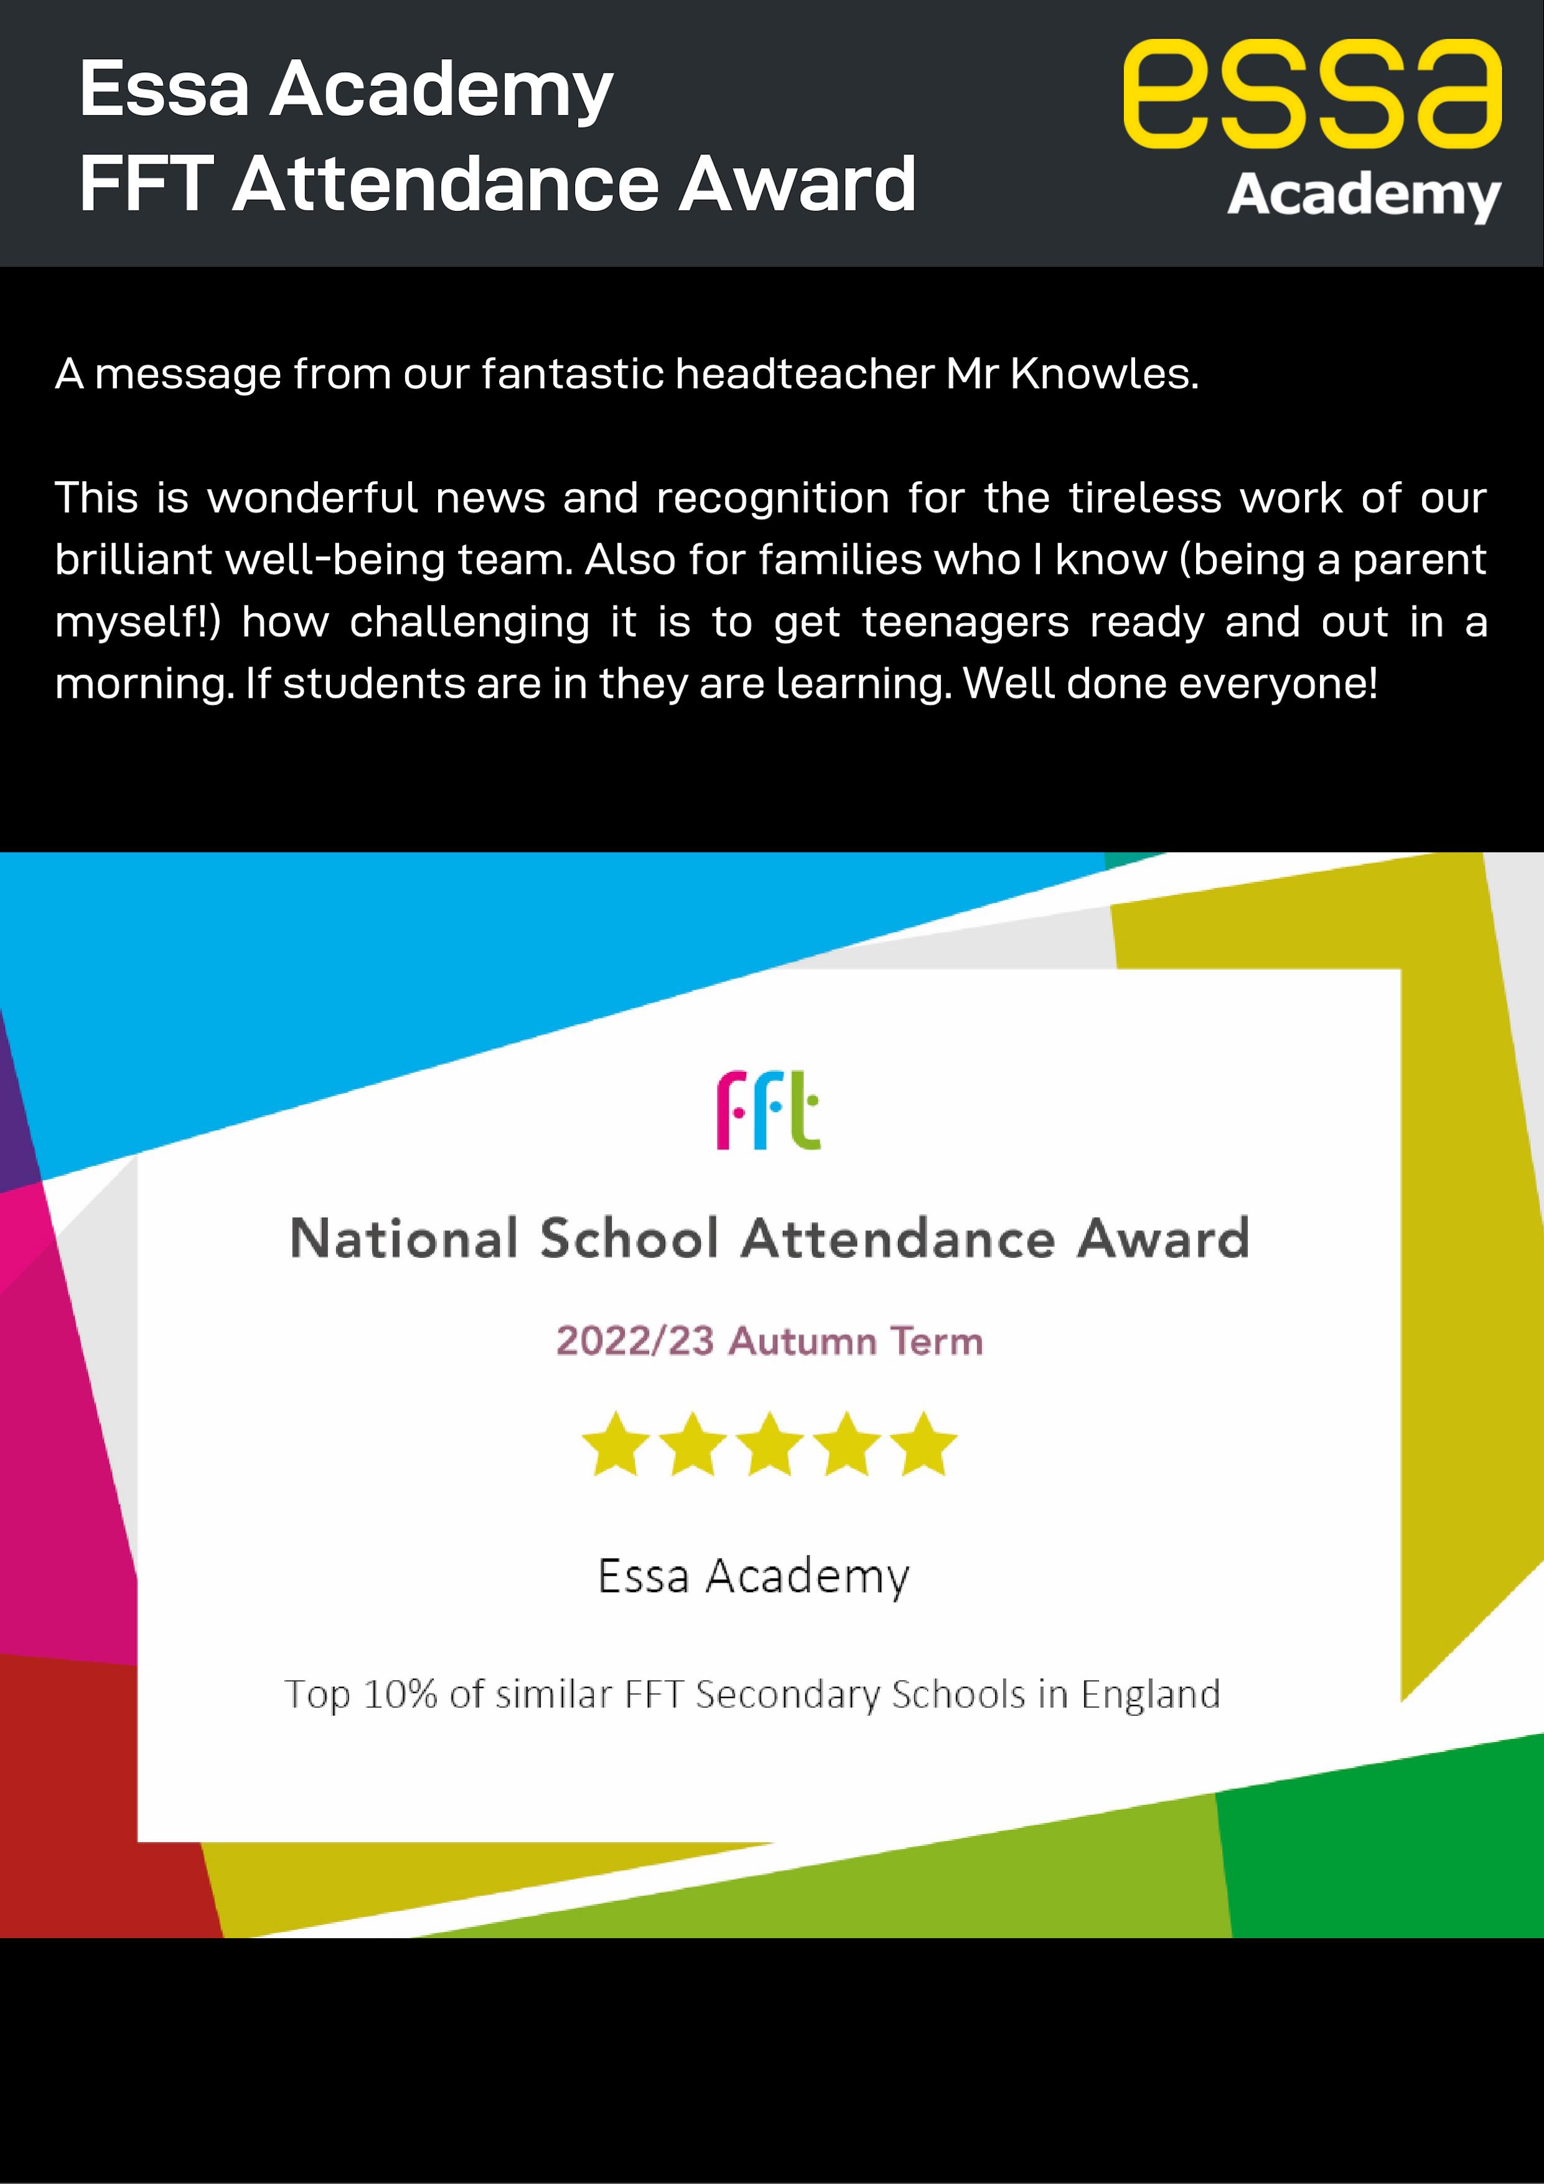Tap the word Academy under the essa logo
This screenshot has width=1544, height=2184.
click(x=1364, y=196)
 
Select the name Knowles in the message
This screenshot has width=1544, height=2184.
click(x=1103, y=374)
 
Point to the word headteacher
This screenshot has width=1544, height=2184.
click(x=805, y=374)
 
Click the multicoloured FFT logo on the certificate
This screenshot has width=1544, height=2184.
click(x=768, y=1110)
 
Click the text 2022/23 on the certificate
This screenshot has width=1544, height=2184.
click(x=635, y=1341)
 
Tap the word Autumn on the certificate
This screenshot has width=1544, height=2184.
click(x=802, y=1341)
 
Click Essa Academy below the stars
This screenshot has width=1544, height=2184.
click(x=754, y=1576)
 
